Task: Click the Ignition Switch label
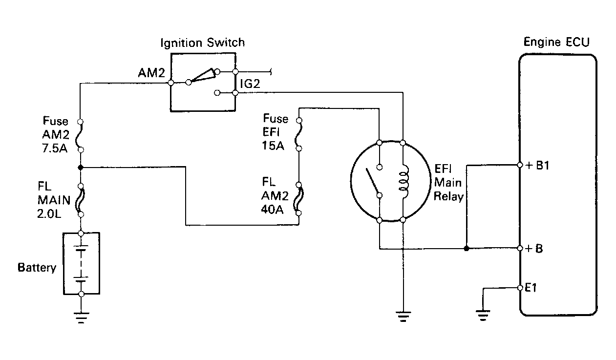(202, 43)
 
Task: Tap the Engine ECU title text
(556, 42)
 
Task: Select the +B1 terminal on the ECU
(520, 165)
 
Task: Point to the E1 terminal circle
(520, 288)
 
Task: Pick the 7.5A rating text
(55, 148)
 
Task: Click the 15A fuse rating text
(273, 146)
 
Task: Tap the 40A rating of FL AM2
(272, 210)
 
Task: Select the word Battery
(37, 268)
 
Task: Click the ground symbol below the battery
(81, 318)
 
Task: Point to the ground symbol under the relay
(403, 316)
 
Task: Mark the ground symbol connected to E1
(483, 316)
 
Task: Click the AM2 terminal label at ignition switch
(151, 73)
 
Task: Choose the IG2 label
(250, 84)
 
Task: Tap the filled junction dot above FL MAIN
(81, 167)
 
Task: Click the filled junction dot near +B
(467, 249)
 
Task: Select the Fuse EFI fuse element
(299, 134)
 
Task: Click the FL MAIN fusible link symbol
(81, 200)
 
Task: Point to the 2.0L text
(49, 214)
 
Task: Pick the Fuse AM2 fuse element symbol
(81, 136)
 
